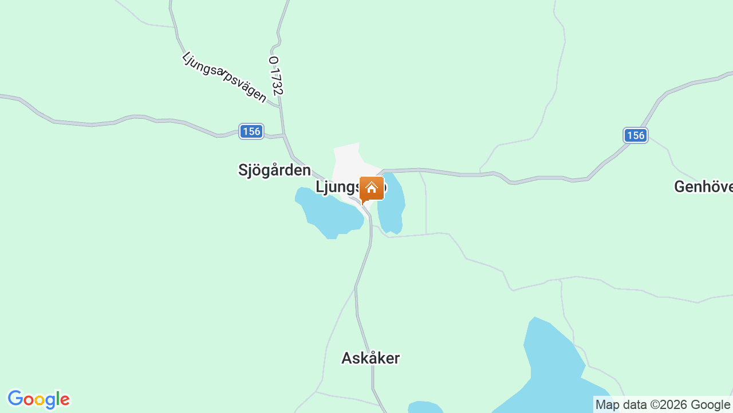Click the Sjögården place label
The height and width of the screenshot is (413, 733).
coord(274,170)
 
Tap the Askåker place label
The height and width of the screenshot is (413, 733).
coord(371,359)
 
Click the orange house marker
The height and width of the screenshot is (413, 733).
coord(372,189)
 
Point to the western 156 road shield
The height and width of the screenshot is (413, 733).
coord(251,131)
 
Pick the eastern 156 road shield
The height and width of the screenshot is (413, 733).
coord(635,135)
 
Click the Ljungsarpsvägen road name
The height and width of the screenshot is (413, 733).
coord(224,77)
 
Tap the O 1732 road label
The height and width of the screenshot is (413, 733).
coord(276,76)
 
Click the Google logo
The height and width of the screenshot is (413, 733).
coord(38,400)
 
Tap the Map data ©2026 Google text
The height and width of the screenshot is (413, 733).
coord(663,405)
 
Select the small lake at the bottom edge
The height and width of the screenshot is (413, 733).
coord(424,408)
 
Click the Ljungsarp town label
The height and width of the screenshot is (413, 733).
coord(338,188)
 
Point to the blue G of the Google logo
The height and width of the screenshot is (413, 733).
coord(15,399)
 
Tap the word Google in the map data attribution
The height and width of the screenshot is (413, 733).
coord(710,405)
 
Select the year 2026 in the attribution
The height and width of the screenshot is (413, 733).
coord(674,405)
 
